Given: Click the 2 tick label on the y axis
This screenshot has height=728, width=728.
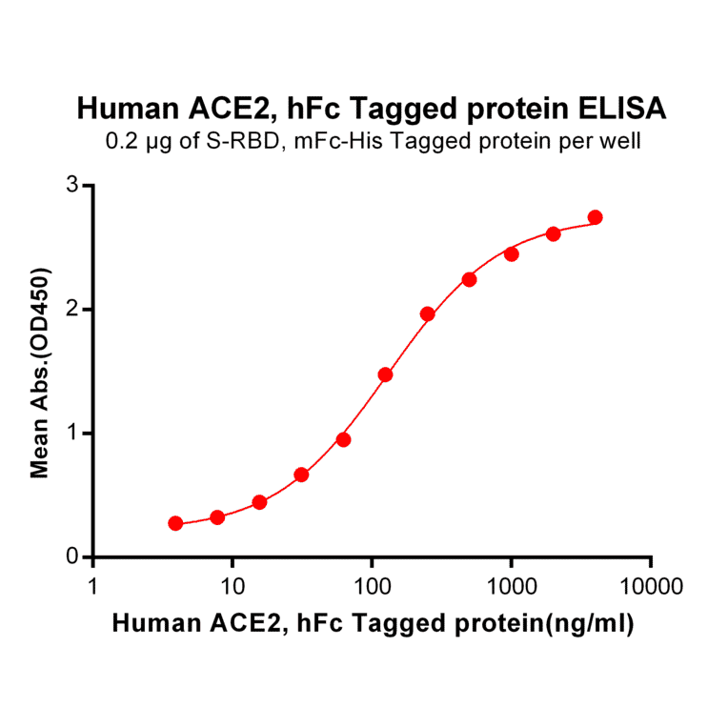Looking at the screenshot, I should tap(72, 309).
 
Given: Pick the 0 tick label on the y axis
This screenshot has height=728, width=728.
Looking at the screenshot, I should tap(72, 556).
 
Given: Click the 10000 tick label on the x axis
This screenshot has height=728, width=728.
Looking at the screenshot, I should tap(651, 584).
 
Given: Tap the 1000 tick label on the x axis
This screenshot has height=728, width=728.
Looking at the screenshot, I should tap(512, 584).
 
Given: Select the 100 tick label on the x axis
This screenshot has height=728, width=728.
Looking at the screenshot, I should tap(373, 584).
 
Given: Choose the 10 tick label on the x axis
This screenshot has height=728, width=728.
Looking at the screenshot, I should tap(233, 584).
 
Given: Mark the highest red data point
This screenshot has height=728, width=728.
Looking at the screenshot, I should tap(596, 217).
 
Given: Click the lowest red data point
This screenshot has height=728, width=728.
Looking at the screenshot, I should tap(175, 523).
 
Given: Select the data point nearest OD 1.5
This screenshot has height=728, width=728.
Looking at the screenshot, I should tap(385, 374).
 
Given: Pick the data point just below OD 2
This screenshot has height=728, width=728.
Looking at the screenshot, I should tap(427, 313).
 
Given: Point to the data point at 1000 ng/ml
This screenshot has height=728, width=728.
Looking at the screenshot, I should tap(511, 253).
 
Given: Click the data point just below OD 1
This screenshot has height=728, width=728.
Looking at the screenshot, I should tap(343, 439).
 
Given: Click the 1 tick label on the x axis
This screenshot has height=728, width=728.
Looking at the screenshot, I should tap(93, 584).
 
